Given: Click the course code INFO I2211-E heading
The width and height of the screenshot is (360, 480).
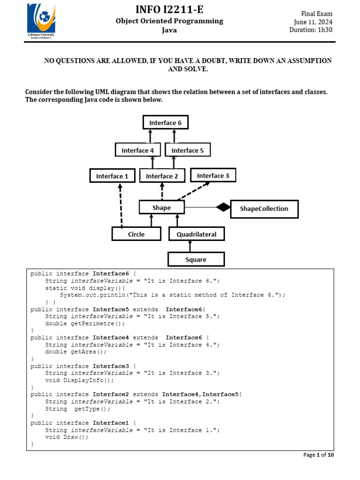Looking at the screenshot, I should [170, 9].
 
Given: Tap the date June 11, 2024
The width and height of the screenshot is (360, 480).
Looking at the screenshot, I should [313, 22].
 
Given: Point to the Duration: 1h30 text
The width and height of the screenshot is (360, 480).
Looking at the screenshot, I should [311, 30].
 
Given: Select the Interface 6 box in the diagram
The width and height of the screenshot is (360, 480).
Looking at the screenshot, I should [165, 123].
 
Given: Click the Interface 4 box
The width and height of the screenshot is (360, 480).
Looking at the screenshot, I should [138, 150].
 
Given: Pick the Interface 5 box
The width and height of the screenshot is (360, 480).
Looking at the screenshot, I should [187, 150].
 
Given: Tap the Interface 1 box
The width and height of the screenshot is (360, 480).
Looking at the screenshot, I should [112, 176].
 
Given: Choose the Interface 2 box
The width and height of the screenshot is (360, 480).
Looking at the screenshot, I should [162, 176].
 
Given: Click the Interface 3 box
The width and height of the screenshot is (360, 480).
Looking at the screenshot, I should [213, 175].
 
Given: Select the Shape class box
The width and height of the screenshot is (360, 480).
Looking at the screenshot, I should [162, 207].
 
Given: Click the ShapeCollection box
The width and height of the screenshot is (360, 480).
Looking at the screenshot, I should [264, 209].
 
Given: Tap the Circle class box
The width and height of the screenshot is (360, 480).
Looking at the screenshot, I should [136, 234].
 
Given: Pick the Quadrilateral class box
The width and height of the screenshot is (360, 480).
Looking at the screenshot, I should [196, 234].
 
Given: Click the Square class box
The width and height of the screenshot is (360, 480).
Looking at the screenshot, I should [196, 259].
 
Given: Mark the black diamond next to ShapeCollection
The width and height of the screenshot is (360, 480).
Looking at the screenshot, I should [224, 207].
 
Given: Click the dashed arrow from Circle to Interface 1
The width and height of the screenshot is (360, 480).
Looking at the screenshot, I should [120, 206].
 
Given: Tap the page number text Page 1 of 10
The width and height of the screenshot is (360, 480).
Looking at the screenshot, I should [318, 455].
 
